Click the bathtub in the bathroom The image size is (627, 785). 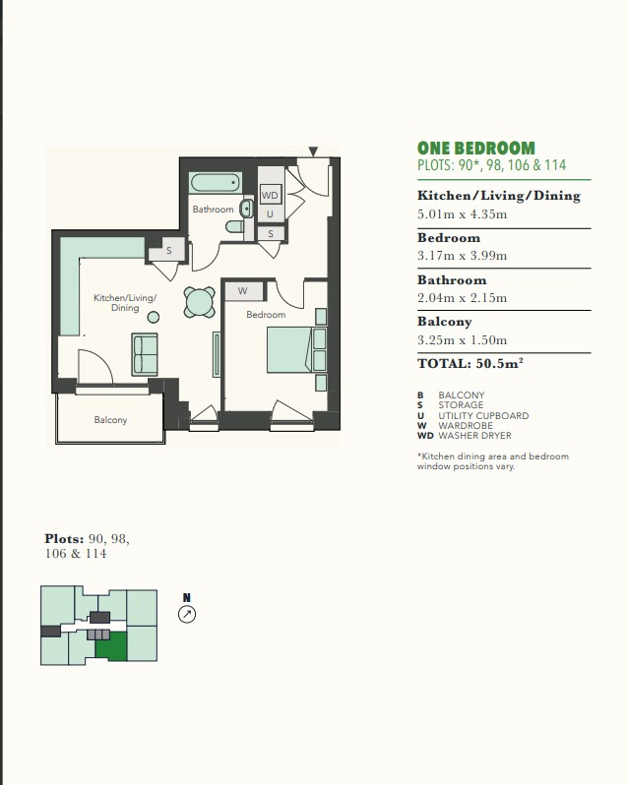pos(216,183)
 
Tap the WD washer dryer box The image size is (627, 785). pos(270,195)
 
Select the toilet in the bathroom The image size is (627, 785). pos(234,227)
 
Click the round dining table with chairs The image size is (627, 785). pos(199,302)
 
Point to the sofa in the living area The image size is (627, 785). pos(145,354)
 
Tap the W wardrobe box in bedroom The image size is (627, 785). pos(243,291)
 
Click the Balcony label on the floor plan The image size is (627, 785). pos(110,419)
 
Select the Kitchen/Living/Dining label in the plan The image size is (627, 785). pos(125,302)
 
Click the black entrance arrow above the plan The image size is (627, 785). pos(313,151)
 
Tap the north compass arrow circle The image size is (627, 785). pos(187,614)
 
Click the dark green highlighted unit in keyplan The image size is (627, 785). pos(110,646)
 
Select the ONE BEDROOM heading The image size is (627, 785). pos(476,149)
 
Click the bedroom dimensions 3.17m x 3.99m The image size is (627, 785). pos(463,256)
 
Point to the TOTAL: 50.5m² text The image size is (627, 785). pos(470,363)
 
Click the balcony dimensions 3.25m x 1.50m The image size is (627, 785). pos(463,340)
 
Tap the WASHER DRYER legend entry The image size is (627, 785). pos(465,436)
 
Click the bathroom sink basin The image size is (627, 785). pos(246,209)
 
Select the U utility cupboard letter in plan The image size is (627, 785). pos(270,214)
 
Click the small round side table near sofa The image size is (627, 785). pos(154,317)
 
